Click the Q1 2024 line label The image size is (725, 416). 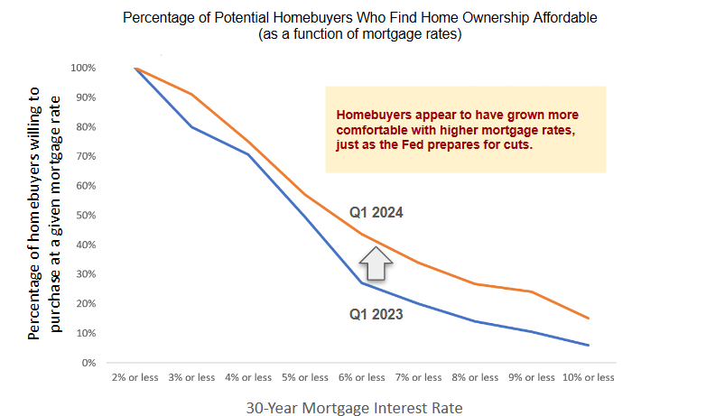(x=376, y=213)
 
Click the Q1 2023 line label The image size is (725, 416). (x=376, y=314)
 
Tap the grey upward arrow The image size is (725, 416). (x=376, y=263)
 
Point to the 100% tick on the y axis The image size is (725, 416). (x=83, y=68)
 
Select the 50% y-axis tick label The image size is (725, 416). (x=86, y=216)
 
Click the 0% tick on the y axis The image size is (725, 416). (x=88, y=363)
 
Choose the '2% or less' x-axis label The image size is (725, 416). (x=135, y=377)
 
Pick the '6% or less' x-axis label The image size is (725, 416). (x=361, y=377)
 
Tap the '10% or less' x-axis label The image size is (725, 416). (x=589, y=377)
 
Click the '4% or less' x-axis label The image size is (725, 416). (x=248, y=377)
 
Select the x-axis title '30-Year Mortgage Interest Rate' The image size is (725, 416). (x=354, y=408)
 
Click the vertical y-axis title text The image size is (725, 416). (x=44, y=214)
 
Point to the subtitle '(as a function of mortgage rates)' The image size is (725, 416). (x=359, y=34)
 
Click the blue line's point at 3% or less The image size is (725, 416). (x=192, y=126)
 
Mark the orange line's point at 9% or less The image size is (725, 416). (x=532, y=291)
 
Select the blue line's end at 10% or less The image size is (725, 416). (x=589, y=346)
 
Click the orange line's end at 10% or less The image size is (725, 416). (x=589, y=319)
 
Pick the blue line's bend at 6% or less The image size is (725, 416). (x=361, y=282)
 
